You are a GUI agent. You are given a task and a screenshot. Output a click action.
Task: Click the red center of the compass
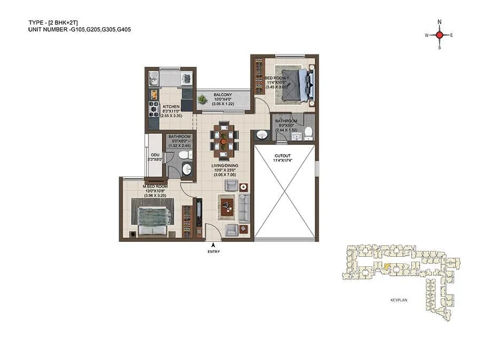439,35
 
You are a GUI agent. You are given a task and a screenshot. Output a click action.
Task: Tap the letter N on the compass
439,22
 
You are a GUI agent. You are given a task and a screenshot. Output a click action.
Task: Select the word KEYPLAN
399,301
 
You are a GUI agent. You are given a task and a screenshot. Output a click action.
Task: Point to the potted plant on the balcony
203,99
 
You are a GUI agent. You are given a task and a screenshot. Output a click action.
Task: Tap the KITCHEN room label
171,106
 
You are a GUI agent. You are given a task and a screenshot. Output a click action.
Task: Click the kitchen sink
152,81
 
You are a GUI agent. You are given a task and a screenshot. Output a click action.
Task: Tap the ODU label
155,155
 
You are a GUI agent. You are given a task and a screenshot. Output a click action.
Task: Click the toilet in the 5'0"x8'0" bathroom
183,155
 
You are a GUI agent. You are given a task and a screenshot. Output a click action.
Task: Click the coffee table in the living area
227,205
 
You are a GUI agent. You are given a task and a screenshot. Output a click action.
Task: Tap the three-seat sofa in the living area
244,208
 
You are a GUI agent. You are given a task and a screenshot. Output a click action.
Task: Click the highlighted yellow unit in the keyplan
386,266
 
